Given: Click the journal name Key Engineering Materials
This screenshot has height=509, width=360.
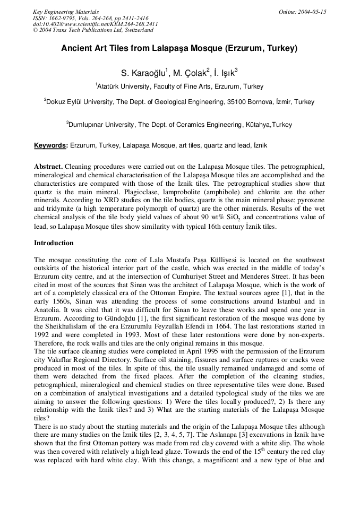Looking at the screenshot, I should (x=66, y=12).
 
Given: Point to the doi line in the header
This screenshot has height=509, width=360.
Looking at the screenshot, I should (x=95, y=24).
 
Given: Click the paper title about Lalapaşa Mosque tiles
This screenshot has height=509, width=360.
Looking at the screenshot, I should (x=179, y=48).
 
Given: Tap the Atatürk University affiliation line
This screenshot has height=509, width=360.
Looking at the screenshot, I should (x=179, y=87).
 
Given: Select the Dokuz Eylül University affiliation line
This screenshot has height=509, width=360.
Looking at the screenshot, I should (x=179, y=102).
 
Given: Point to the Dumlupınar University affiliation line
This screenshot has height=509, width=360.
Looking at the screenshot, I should (x=179, y=125).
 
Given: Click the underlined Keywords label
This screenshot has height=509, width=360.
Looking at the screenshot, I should (x=51, y=145).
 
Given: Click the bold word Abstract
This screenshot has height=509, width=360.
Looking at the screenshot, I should (x=48, y=166).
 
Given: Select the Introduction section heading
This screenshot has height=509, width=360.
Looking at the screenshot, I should (x=54, y=243).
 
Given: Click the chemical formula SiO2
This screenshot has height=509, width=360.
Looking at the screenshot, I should (x=286, y=219).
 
